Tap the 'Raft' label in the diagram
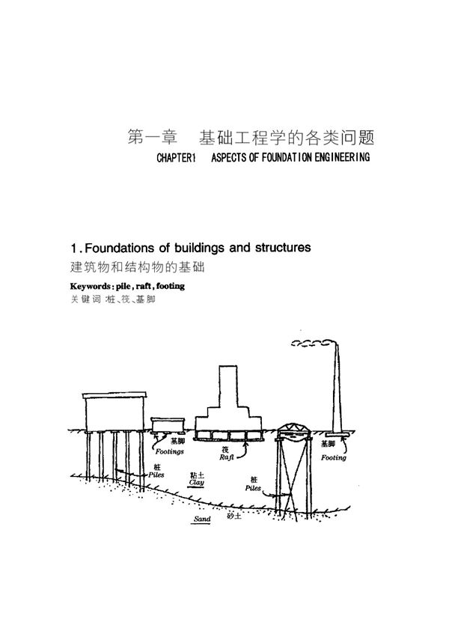point(228,456)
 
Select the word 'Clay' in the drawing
point(197,483)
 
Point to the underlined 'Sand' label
point(203,518)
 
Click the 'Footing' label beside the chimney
point(334,458)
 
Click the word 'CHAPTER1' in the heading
point(175,159)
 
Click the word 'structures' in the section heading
point(276,247)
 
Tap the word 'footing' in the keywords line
point(167,286)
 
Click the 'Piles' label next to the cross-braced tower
point(252,487)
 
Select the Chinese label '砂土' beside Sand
point(232,517)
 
